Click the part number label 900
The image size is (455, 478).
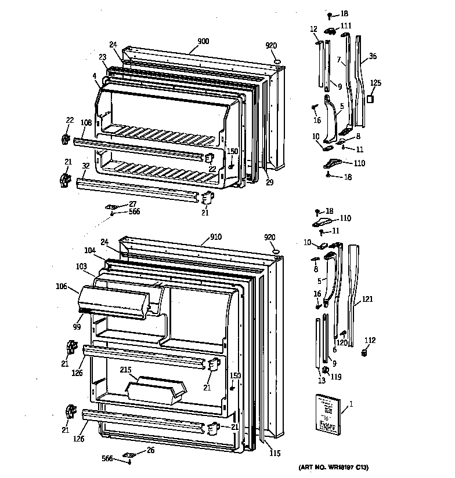[x=203, y=41]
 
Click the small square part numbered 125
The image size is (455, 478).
[x=370, y=100]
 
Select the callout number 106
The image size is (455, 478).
[x=62, y=286]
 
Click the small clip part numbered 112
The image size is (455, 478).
[x=365, y=352]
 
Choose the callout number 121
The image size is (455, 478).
[x=367, y=299]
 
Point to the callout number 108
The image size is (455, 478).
[x=86, y=122]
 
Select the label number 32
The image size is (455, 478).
[x=85, y=165]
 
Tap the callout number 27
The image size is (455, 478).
[x=132, y=203]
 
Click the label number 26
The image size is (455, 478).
[x=150, y=450]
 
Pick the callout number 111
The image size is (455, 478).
[x=346, y=25]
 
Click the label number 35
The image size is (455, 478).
[x=373, y=56]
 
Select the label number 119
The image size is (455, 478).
[x=336, y=377]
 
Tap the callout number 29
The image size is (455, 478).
[x=270, y=183]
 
